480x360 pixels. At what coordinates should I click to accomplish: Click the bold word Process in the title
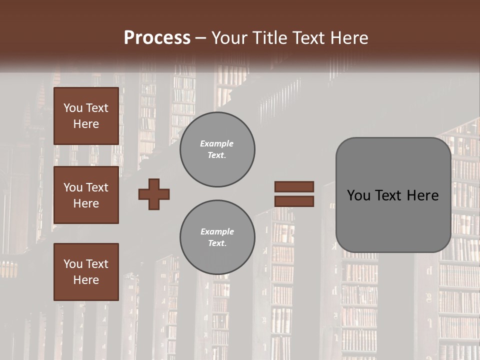pyautogui.click(x=157, y=38)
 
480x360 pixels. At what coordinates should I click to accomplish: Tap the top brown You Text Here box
pyautogui.click(x=86, y=116)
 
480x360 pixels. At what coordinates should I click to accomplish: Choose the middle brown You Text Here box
pyautogui.click(x=86, y=195)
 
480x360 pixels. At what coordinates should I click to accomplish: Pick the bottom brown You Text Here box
pyautogui.click(x=86, y=271)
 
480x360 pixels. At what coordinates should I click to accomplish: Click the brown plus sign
pyautogui.click(x=154, y=194)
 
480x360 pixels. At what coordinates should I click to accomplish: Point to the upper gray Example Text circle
pyautogui.click(x=217, y=149)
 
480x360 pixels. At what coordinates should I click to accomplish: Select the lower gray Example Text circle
pyautogui.click(x=217, y=237)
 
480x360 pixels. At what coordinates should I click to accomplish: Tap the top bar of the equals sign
pyautogui.click(x=294, y=186)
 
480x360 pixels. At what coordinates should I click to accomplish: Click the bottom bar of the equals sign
pyautogui.click(x=294, y=201)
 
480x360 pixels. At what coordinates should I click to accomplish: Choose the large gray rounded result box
pyautogui.click(x=393, y=195)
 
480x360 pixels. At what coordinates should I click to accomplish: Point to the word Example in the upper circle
pyautogui.click(x=217, y=143)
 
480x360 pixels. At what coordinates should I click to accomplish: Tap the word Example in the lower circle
pyautogui.click(x=217, y=231)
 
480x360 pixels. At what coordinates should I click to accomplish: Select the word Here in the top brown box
pyautogui.click(x=86, y=124)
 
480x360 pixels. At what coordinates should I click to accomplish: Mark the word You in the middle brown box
pyautogui.click(x=72, y=187)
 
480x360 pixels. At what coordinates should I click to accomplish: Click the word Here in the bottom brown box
pyautogui.click(x=86, y=280)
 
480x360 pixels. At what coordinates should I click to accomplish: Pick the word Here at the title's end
pyautogui.click(x=350, y=38)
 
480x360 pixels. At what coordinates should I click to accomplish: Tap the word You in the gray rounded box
pyautogui.click(x=358, y=195)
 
